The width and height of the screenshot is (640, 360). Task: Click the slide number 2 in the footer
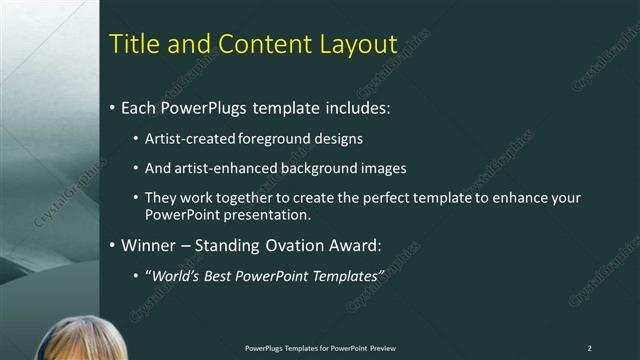pyautogui.click(x=589, y=348)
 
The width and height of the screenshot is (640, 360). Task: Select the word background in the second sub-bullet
pyautogui.click(x=320, y=168)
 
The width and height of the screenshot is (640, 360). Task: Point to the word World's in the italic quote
pyautogui.click(x=176, y=274)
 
